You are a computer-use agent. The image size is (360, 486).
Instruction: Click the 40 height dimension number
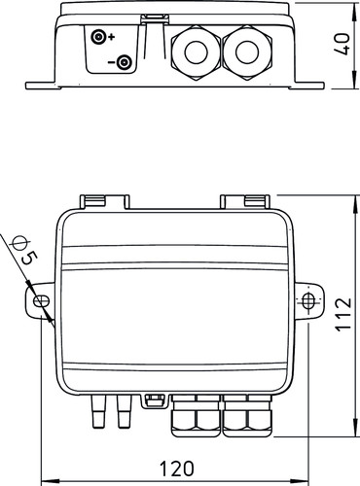pos(343,44)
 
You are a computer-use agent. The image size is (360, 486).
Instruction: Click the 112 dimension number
pos(343,314)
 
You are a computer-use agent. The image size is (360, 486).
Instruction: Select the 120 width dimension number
pos(177,469)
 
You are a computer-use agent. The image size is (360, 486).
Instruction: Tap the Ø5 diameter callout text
pos(23,250)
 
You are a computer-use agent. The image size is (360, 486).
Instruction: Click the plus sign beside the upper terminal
pos(111,37)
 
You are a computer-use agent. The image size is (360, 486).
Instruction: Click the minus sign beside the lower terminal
pos(111,61)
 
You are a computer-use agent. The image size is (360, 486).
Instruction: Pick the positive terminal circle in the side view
pos(98,37)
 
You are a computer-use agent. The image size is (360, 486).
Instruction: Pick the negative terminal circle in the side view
pos(124,62)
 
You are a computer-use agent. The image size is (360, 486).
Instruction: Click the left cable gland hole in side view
pos(197,52)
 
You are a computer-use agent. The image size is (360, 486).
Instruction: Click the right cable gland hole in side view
pos(247,52)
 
